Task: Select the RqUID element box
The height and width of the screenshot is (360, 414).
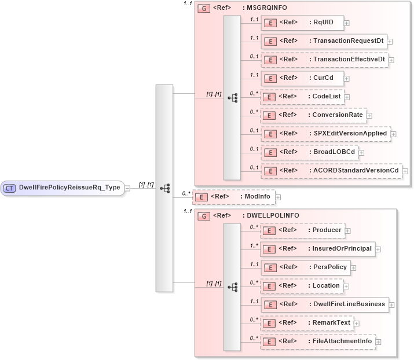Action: pyautogui.click(x=302, y=23)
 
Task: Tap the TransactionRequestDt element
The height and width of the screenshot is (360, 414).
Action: pyautogui.click(x=324, y=41)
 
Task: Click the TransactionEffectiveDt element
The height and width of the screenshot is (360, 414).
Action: pyautogui.click(x=324, y=59)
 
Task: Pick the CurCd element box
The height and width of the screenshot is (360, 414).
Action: pyautogui.click(x=302, y=78)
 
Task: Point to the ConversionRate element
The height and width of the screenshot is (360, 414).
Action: pyautogui.click(x=313, y=115)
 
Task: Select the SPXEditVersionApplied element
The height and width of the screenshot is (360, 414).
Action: pyautogui.click(x=325, y=133)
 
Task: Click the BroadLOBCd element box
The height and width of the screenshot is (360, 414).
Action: pyautogui.click(x=309, y=152)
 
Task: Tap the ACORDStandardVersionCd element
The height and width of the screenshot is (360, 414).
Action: pyautogui.click(x=331, y=170)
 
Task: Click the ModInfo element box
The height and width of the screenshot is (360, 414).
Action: pyautogui.click(x=233, y=197)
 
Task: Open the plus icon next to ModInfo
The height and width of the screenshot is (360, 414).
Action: pyautogui.click(x=278, y=197)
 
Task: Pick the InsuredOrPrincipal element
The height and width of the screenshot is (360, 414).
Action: pyautogui.click(x=317, y=249)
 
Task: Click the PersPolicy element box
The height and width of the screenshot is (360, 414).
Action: pyautogui.click(x=305, y=267)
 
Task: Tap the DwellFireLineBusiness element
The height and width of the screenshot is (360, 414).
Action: pyautogui.click(x=324, y=304)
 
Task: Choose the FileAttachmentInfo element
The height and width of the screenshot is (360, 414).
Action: pyautogui.click(x=318, y=341)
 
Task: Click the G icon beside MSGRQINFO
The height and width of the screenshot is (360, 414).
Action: pyautogui.click(x=203, y=9)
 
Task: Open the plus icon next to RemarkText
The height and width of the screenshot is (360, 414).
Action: pyautogui.click(x=357, y=323)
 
